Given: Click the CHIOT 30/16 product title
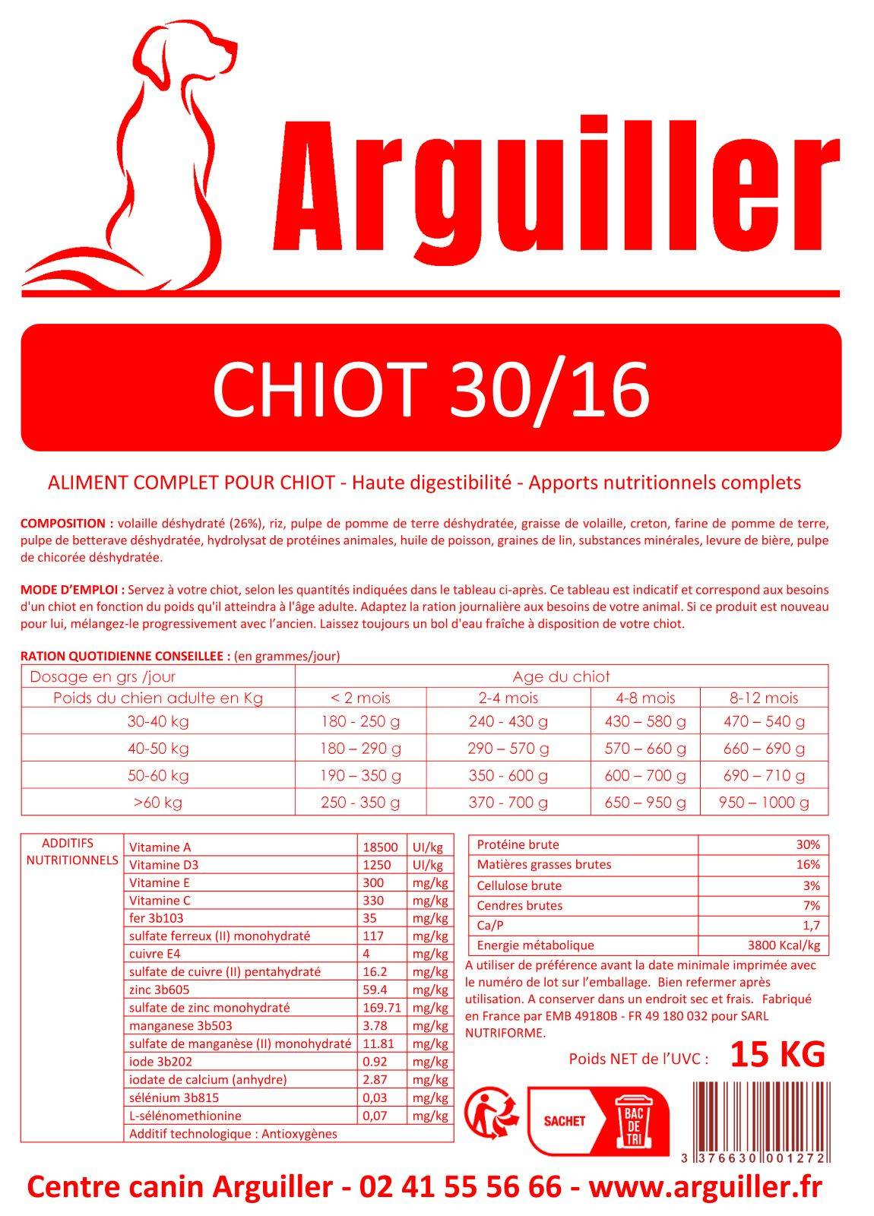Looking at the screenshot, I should tap(431, 388).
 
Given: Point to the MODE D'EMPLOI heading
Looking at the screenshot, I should tap(72, 590).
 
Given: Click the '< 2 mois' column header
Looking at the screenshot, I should tap(360, 698).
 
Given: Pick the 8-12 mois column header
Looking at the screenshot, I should tap(764, 698).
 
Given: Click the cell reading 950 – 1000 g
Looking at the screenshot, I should tap(764, 802).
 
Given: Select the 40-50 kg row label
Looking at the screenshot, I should tap(158, 749).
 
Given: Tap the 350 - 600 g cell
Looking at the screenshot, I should tap(508, 775).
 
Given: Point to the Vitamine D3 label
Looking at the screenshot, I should tap(163, 865).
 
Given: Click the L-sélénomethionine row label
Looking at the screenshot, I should tap(185, 1116).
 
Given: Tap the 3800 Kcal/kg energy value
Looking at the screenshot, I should tap(784, 945).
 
